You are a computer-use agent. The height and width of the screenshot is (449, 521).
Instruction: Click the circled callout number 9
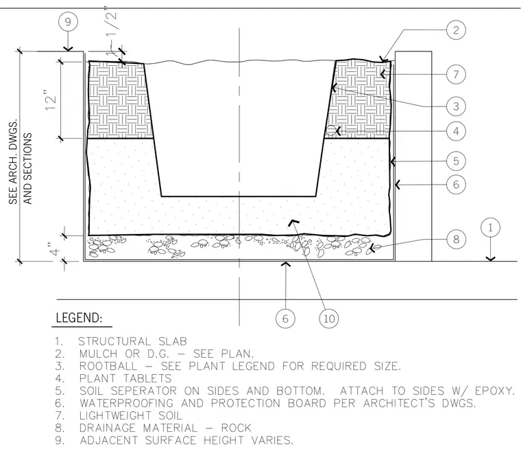(68, 22)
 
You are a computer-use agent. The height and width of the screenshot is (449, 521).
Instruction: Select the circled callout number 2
(456, 30)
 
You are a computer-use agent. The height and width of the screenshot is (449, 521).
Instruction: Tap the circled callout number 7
(456, 74)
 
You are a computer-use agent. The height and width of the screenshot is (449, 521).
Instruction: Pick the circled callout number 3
(456, 106)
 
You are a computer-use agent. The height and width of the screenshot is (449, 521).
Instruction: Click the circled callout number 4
(456, 131)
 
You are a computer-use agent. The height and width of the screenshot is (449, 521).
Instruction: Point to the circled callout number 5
(456, 161)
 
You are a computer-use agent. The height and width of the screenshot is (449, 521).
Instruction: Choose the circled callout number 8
(456, 239)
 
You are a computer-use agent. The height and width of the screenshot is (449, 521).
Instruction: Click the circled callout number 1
(490, 228)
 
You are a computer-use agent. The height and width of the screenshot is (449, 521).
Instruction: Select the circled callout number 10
(329, 319)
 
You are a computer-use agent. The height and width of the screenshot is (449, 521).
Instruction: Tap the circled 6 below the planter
(285, 319)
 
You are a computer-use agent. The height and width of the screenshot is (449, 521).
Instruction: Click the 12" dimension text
(51, 100)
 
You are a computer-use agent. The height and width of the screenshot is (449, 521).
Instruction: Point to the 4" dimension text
(54, 249)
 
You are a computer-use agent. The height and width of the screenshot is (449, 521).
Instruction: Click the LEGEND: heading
(79, 318)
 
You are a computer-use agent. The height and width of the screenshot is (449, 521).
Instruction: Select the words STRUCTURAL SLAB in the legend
(132, 341)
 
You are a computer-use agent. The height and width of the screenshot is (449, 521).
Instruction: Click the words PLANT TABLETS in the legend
(125, 378)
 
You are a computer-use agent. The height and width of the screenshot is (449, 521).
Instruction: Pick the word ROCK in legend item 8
(237, 428)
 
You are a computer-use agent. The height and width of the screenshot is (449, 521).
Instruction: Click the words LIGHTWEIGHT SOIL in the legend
(130, 415)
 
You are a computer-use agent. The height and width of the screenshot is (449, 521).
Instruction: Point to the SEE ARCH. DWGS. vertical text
(13, 162)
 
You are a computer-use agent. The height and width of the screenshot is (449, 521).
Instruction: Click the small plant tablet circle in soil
(331, 130)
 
